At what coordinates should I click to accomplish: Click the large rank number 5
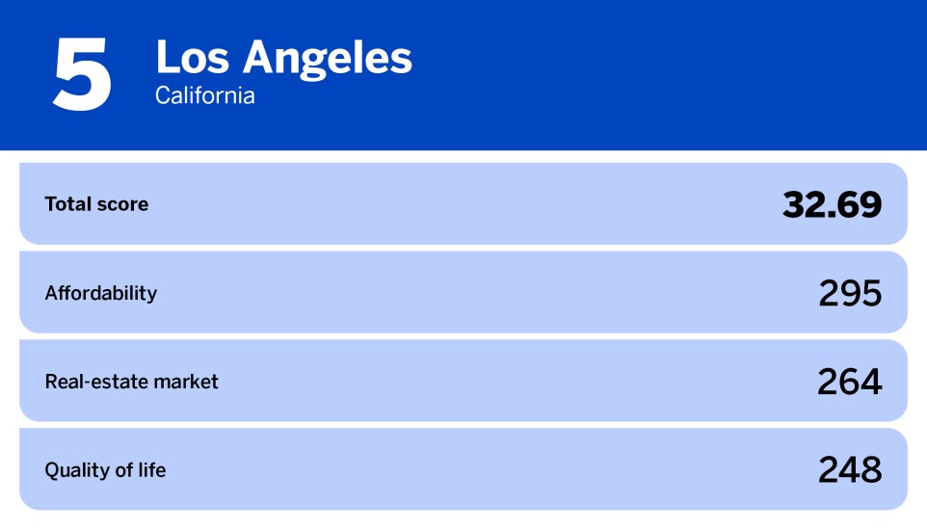pos(82,75)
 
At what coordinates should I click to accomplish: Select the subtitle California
pos(205,96)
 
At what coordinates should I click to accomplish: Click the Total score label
pos(96,204)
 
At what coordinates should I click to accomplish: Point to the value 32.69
pos(832,204)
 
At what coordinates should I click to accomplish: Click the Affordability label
pos(100,293)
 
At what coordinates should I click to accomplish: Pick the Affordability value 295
pos(850,293)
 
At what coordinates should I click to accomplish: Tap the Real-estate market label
pos(131,382)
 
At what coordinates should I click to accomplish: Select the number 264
pos(850,382)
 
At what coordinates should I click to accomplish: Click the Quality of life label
pos(105,470)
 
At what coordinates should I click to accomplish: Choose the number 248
pos(850,470)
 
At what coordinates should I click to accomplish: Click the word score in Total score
pos(122,204)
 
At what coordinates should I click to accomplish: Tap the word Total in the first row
pos(67,204)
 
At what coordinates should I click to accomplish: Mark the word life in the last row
pos(151,470)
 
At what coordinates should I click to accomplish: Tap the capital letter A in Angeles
pos(259,59)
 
